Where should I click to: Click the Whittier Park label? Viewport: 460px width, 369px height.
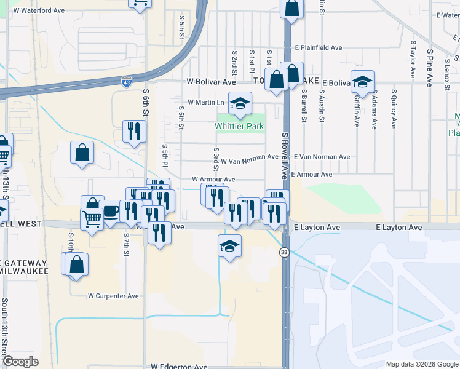[x=239, y=127]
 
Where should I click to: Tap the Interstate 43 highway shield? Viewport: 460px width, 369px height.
[x=126, y=81]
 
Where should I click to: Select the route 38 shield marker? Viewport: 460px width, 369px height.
[x=284, y=252]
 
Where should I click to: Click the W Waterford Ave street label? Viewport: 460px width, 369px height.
[x=39, y=10]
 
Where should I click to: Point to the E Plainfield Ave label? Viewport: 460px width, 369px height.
[x=318, y=47]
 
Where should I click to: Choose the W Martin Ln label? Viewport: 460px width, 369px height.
[x=206, y=101]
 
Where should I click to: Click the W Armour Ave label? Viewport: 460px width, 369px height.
[x=213, y=179]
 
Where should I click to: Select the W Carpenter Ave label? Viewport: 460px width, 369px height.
[x=113, y=296]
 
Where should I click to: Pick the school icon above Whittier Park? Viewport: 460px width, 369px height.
[x=240, y=102]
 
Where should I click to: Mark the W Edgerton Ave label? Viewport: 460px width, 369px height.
[x=180, y=365]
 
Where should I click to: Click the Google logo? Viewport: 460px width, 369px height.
[x=20, y=362]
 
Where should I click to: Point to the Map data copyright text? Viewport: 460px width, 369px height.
[x=421, y=364]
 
